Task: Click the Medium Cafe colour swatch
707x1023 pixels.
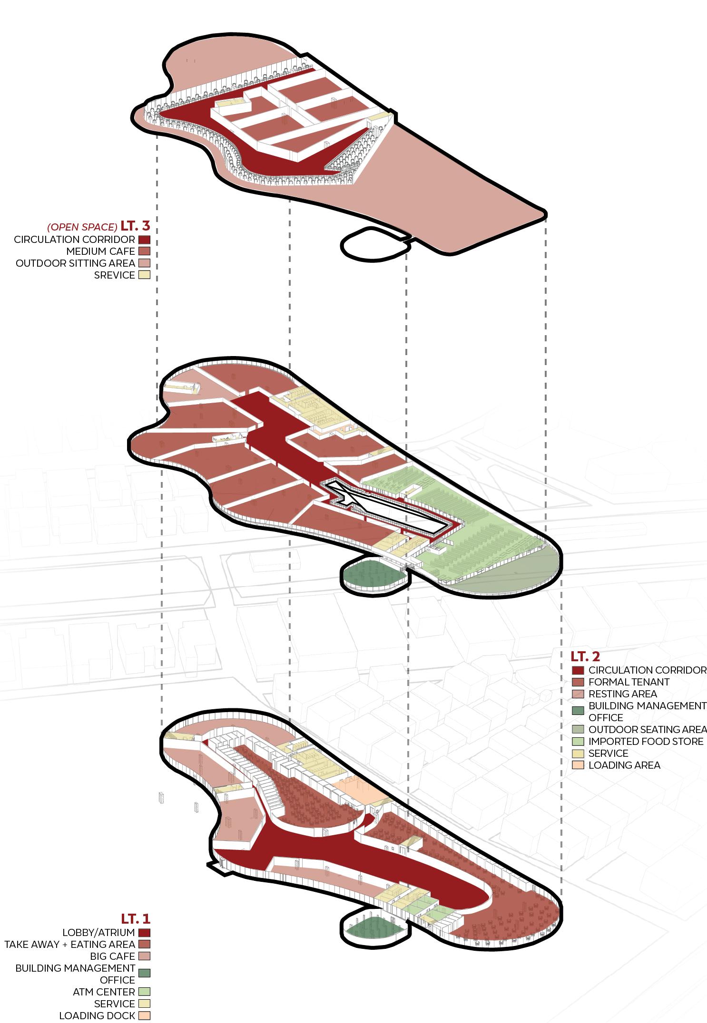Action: point(144,251)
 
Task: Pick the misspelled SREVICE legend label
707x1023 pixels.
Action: point(115,275)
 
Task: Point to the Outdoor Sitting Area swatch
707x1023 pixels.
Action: point(144,263)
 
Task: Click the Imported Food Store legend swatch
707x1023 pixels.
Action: point(578,741)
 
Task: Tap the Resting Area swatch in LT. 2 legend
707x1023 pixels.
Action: point(578,694)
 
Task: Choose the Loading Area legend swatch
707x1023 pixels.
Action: point(578,765)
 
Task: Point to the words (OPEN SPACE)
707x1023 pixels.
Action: point(82,226)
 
